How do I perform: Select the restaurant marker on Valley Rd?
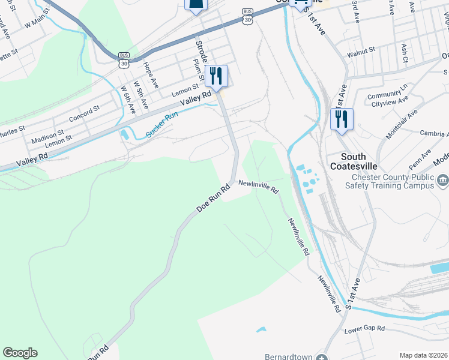(x=217, y=76)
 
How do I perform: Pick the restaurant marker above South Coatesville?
(x=342, y=118)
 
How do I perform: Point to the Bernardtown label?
(x=289, y=356)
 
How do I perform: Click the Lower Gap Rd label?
(x=364, y=330)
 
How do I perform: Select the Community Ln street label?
(x=387, y=94)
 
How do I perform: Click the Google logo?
(x=20, y=353)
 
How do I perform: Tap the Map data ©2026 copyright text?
(x=423, y=355)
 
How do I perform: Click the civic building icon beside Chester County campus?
(x=443, y=179)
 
